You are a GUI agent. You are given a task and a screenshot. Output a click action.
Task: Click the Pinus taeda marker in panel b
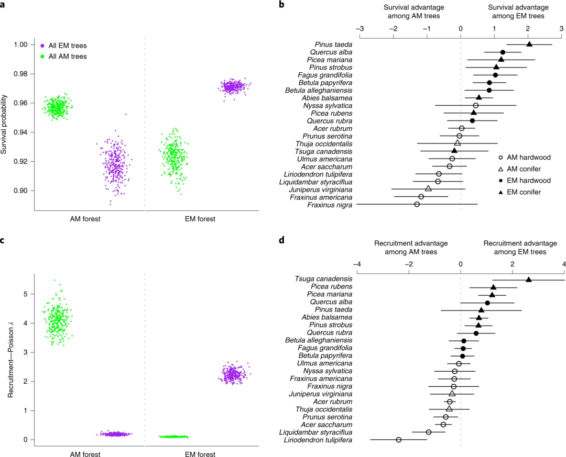(529, 44)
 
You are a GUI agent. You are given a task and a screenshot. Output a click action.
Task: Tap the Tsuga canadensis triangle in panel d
(529, 280)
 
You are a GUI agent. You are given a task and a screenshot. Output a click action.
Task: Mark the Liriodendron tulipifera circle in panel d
(399, 440)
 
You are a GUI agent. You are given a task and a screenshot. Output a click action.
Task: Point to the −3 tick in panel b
(360, 29)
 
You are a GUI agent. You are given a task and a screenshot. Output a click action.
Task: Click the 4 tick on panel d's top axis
(564, 264)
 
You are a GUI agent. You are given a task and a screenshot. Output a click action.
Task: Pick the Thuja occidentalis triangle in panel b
(458, 143)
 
